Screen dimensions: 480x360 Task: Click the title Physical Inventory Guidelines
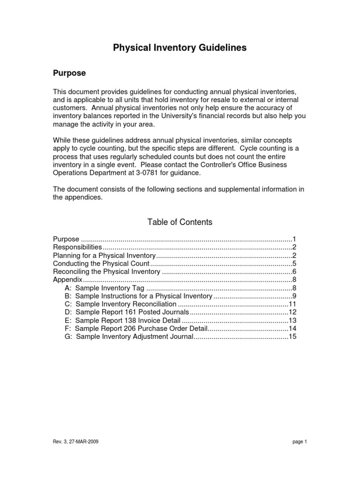click(180, 48)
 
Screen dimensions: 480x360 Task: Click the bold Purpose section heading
click(69, 74)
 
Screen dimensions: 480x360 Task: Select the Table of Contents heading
click(180, 222)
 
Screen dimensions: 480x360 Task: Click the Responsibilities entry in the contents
click(77, 247)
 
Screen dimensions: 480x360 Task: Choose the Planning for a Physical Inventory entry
click(104, 255)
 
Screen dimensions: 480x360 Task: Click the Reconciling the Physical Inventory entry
click(107, 271)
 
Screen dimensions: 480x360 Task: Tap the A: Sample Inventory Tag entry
click(105, 288)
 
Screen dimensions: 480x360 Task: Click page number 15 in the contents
click(293, 337)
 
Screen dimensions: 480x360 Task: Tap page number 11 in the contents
click(293, 304)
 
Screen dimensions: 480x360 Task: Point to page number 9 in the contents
click(294, 296)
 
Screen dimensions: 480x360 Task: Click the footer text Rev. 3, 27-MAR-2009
click(75, 442)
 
